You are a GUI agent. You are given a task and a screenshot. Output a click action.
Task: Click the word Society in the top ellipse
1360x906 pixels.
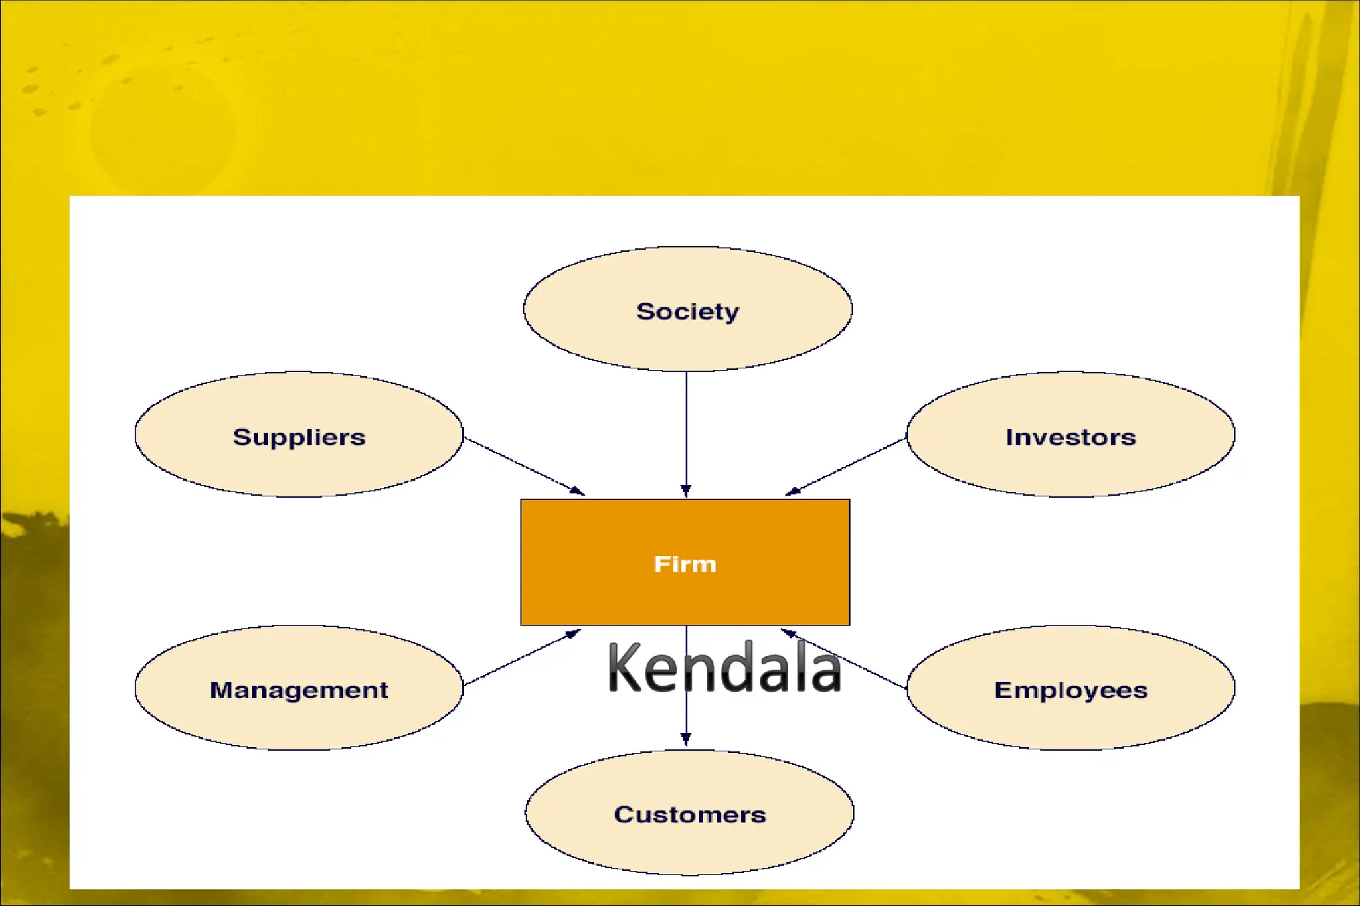click(687, 311)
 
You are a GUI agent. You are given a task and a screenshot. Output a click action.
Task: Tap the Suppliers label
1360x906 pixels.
click(299, 437)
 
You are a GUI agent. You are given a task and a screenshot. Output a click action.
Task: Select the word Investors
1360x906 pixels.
click(1070, 437)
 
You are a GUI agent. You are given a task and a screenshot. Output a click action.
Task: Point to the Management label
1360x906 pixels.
click(299, 690)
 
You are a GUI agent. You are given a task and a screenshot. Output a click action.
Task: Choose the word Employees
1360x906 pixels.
click(1070, 690)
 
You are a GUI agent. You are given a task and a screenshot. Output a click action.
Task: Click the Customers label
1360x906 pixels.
click(689, 814)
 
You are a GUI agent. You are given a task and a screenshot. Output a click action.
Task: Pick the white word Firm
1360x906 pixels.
click(685, 564)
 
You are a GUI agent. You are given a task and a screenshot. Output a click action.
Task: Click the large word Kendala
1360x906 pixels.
click(724, 668)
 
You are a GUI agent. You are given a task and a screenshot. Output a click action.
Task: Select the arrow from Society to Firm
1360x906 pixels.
click(686, 431)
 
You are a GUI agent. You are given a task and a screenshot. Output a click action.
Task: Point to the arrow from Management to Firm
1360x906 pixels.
click(521, 658)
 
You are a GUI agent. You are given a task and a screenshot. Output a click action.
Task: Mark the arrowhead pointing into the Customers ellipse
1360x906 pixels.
click(686, 739)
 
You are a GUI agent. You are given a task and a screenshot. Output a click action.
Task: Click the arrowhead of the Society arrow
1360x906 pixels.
click(686, 491)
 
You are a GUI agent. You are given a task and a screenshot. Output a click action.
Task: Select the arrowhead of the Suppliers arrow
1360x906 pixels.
click(577, 491)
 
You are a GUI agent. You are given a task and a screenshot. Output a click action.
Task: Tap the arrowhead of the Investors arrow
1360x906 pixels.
click(792, 491)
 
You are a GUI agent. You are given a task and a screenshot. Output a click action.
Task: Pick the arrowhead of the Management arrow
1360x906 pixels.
click(572, 633)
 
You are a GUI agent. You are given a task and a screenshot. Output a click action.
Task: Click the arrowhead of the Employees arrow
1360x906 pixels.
click(789, 633)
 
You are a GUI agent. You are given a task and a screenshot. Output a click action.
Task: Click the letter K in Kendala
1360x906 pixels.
click(624, 668)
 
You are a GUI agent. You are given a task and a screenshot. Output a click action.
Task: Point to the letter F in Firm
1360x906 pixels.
click(661, 564)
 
